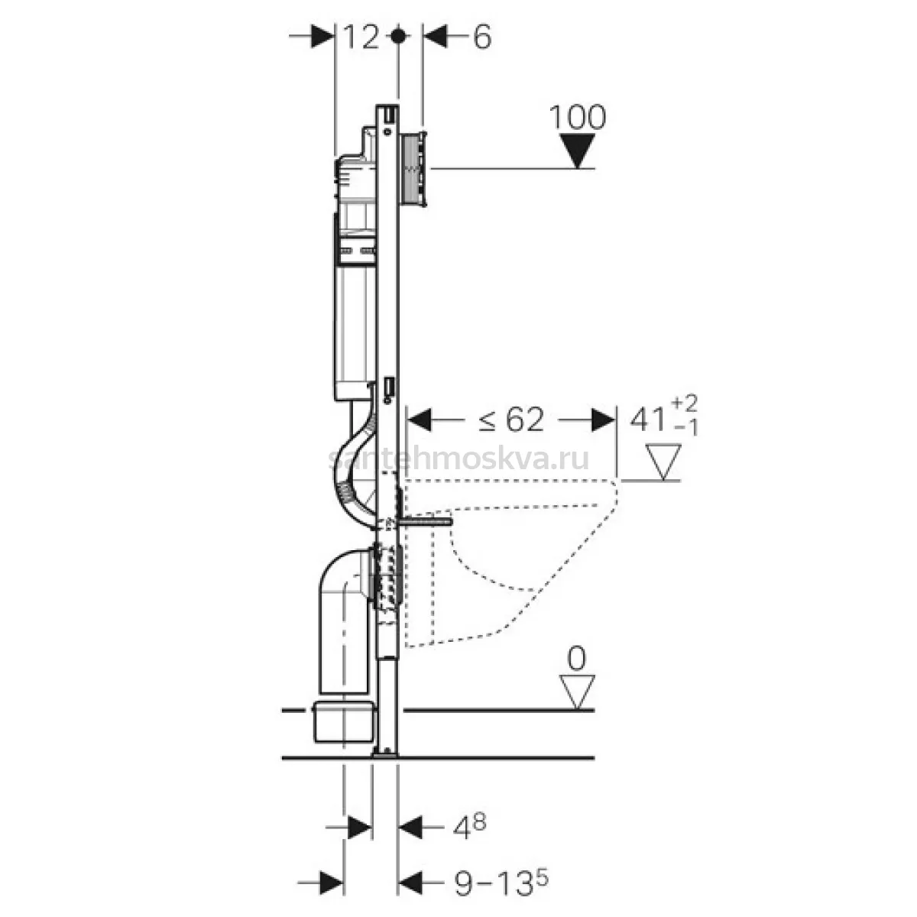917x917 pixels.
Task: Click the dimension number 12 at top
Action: (361, 37)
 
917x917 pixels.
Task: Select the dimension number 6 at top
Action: (481, 37)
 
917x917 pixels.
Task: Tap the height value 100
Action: (578, 117)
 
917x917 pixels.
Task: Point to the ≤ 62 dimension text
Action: (510, 420)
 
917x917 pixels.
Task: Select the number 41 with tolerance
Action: (663, 417)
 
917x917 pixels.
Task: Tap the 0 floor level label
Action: (577, 659)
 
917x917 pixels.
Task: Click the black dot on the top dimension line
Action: (398, 36)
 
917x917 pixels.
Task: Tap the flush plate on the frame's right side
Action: (415, 168)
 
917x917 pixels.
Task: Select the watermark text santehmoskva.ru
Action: (458, 458)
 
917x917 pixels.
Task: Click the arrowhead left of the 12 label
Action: (322, 37)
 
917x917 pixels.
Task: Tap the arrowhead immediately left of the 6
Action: (436, 37)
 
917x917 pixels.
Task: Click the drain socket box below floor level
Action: (342, 721)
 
